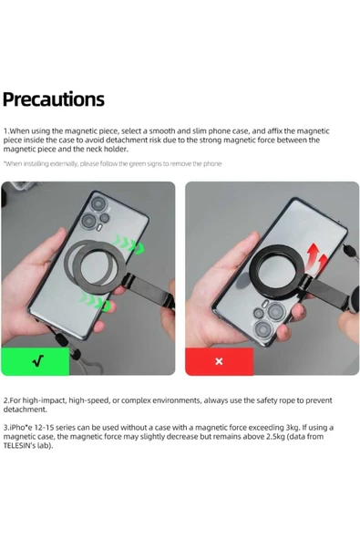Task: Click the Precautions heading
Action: (54, 99)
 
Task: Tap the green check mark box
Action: (36, 361)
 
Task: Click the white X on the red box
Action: (219, 361)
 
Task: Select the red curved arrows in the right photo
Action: (316, 258)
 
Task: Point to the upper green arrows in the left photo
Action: (130, 244)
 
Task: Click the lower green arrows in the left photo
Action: (96, 301)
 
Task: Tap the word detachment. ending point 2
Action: (25, 410)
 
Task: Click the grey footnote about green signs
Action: (112, 163)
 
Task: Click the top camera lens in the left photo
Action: (98, 203)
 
